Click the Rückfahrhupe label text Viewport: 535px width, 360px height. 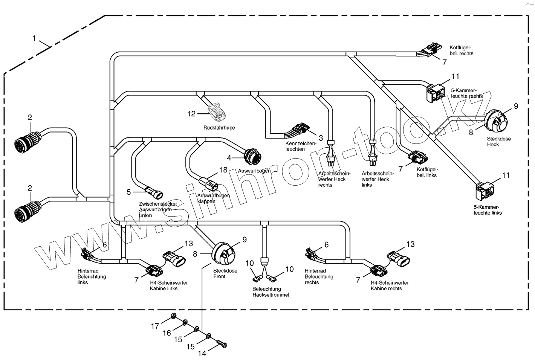219,128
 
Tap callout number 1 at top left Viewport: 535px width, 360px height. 34,38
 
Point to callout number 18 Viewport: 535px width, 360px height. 223,170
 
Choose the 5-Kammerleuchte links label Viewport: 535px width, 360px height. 488,210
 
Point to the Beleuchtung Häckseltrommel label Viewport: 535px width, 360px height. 271,292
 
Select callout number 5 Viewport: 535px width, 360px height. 129,192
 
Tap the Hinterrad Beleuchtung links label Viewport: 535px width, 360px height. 92,276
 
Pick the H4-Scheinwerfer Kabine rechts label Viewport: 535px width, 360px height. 389,285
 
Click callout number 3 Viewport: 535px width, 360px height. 321,138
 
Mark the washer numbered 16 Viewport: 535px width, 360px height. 185,323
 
